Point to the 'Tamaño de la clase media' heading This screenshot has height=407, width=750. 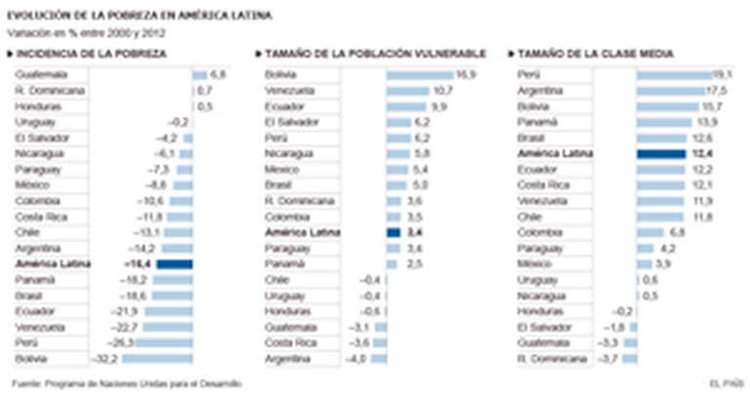tap(595, 54)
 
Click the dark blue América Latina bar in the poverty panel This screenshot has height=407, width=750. tap(175, 264)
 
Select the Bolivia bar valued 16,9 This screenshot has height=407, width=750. tap(420, 75)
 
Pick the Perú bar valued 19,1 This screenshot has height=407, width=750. tap(673, 75)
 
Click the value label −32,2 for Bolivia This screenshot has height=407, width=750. tap(104, 358)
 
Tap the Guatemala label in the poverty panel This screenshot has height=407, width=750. tap(42, 75)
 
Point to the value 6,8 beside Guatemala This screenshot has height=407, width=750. tap(218, 75)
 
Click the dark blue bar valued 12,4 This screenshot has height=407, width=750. tap(660, 154)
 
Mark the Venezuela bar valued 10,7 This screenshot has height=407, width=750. tap(409, 91)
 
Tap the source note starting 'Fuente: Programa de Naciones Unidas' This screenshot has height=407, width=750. tap(127, 384)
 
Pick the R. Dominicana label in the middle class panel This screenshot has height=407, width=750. tap(548, 358)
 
